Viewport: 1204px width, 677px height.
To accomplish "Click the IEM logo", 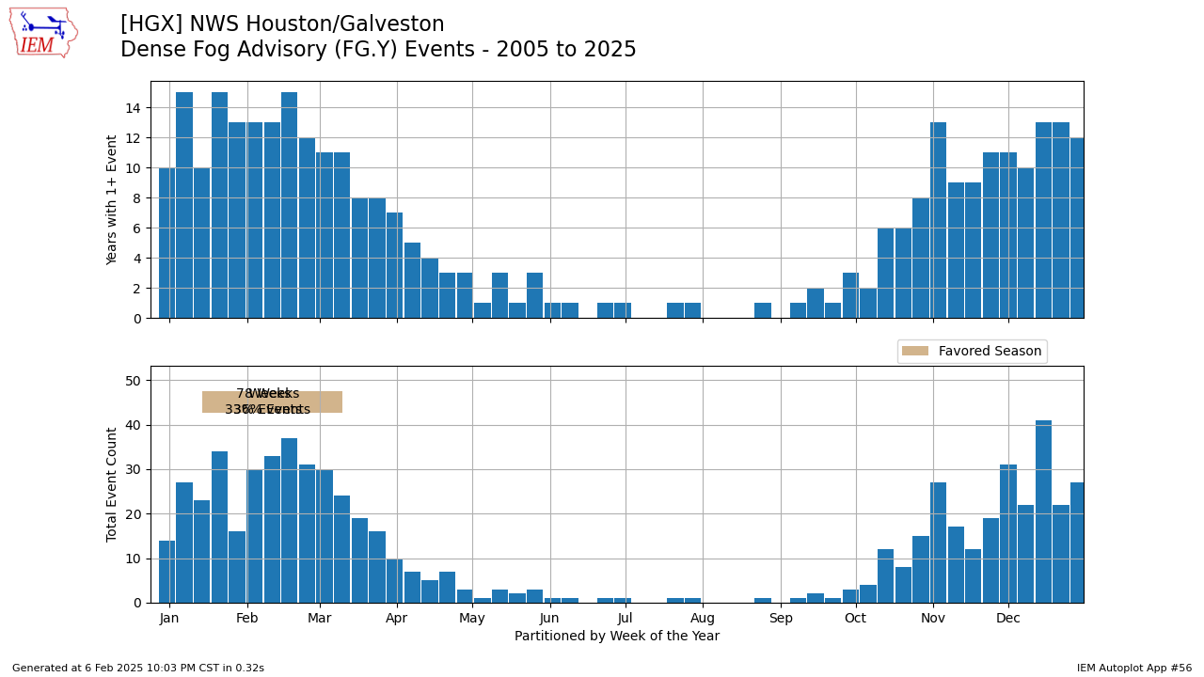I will tap(43, 33).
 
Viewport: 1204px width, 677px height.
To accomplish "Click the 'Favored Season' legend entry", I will tap(972, 352).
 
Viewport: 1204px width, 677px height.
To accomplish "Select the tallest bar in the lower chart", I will tap(1043, 512).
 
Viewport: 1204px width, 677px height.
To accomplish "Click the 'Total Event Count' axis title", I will tap(113, 484).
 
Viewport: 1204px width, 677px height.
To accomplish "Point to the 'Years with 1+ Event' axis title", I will tap(113, 199).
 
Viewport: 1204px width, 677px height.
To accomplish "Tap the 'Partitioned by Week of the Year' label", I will tap(617, 637).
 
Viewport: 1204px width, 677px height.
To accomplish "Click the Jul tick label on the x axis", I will tap(626, 619).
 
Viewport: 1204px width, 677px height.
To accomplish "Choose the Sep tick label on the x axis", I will tap(781, 619).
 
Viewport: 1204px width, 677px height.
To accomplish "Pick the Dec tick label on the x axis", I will tap(1008, 619).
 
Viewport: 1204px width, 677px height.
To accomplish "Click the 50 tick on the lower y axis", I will tap(133, 381).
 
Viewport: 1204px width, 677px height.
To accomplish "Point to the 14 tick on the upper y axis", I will tap(133, 108).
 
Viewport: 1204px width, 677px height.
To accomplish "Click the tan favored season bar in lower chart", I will tap(272, 402).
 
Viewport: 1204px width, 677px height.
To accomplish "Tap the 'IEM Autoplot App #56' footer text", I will tap(1134, 669).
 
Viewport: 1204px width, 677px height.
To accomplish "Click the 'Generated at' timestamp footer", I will tap(138, 669).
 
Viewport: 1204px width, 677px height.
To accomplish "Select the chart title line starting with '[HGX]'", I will tap(282, 24).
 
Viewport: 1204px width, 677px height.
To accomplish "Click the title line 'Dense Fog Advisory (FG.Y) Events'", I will tap(378, 50).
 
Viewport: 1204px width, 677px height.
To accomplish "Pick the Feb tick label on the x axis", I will tap(247, 619).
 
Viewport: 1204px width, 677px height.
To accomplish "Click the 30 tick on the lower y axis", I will tap(133, 469).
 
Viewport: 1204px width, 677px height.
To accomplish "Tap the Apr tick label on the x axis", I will tap(397, 619).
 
